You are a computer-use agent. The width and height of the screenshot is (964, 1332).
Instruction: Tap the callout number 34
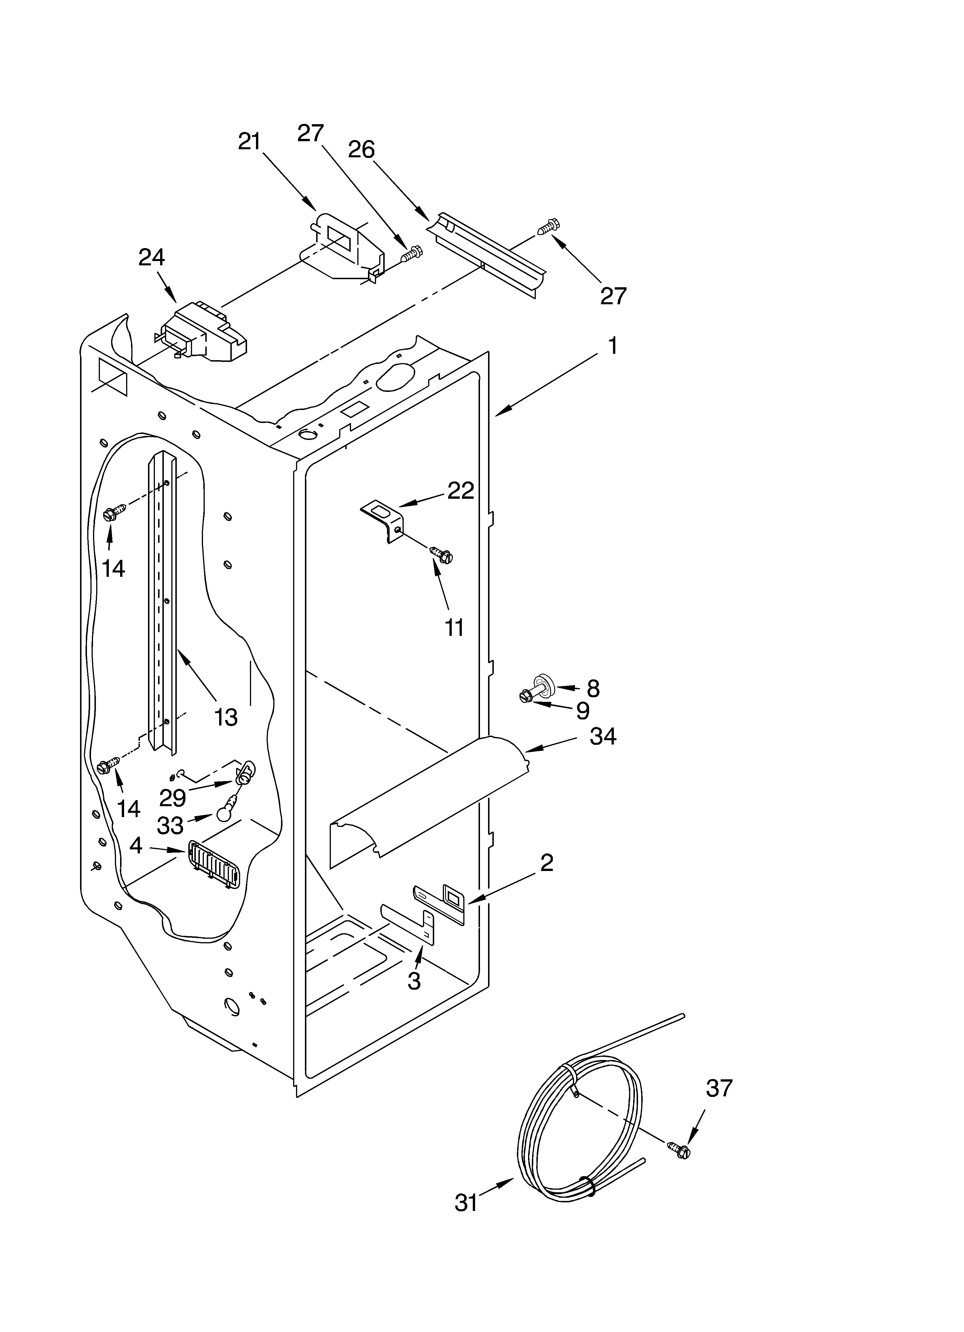click(603, 736)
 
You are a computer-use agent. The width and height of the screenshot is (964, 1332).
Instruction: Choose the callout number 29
click(172, 798)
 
